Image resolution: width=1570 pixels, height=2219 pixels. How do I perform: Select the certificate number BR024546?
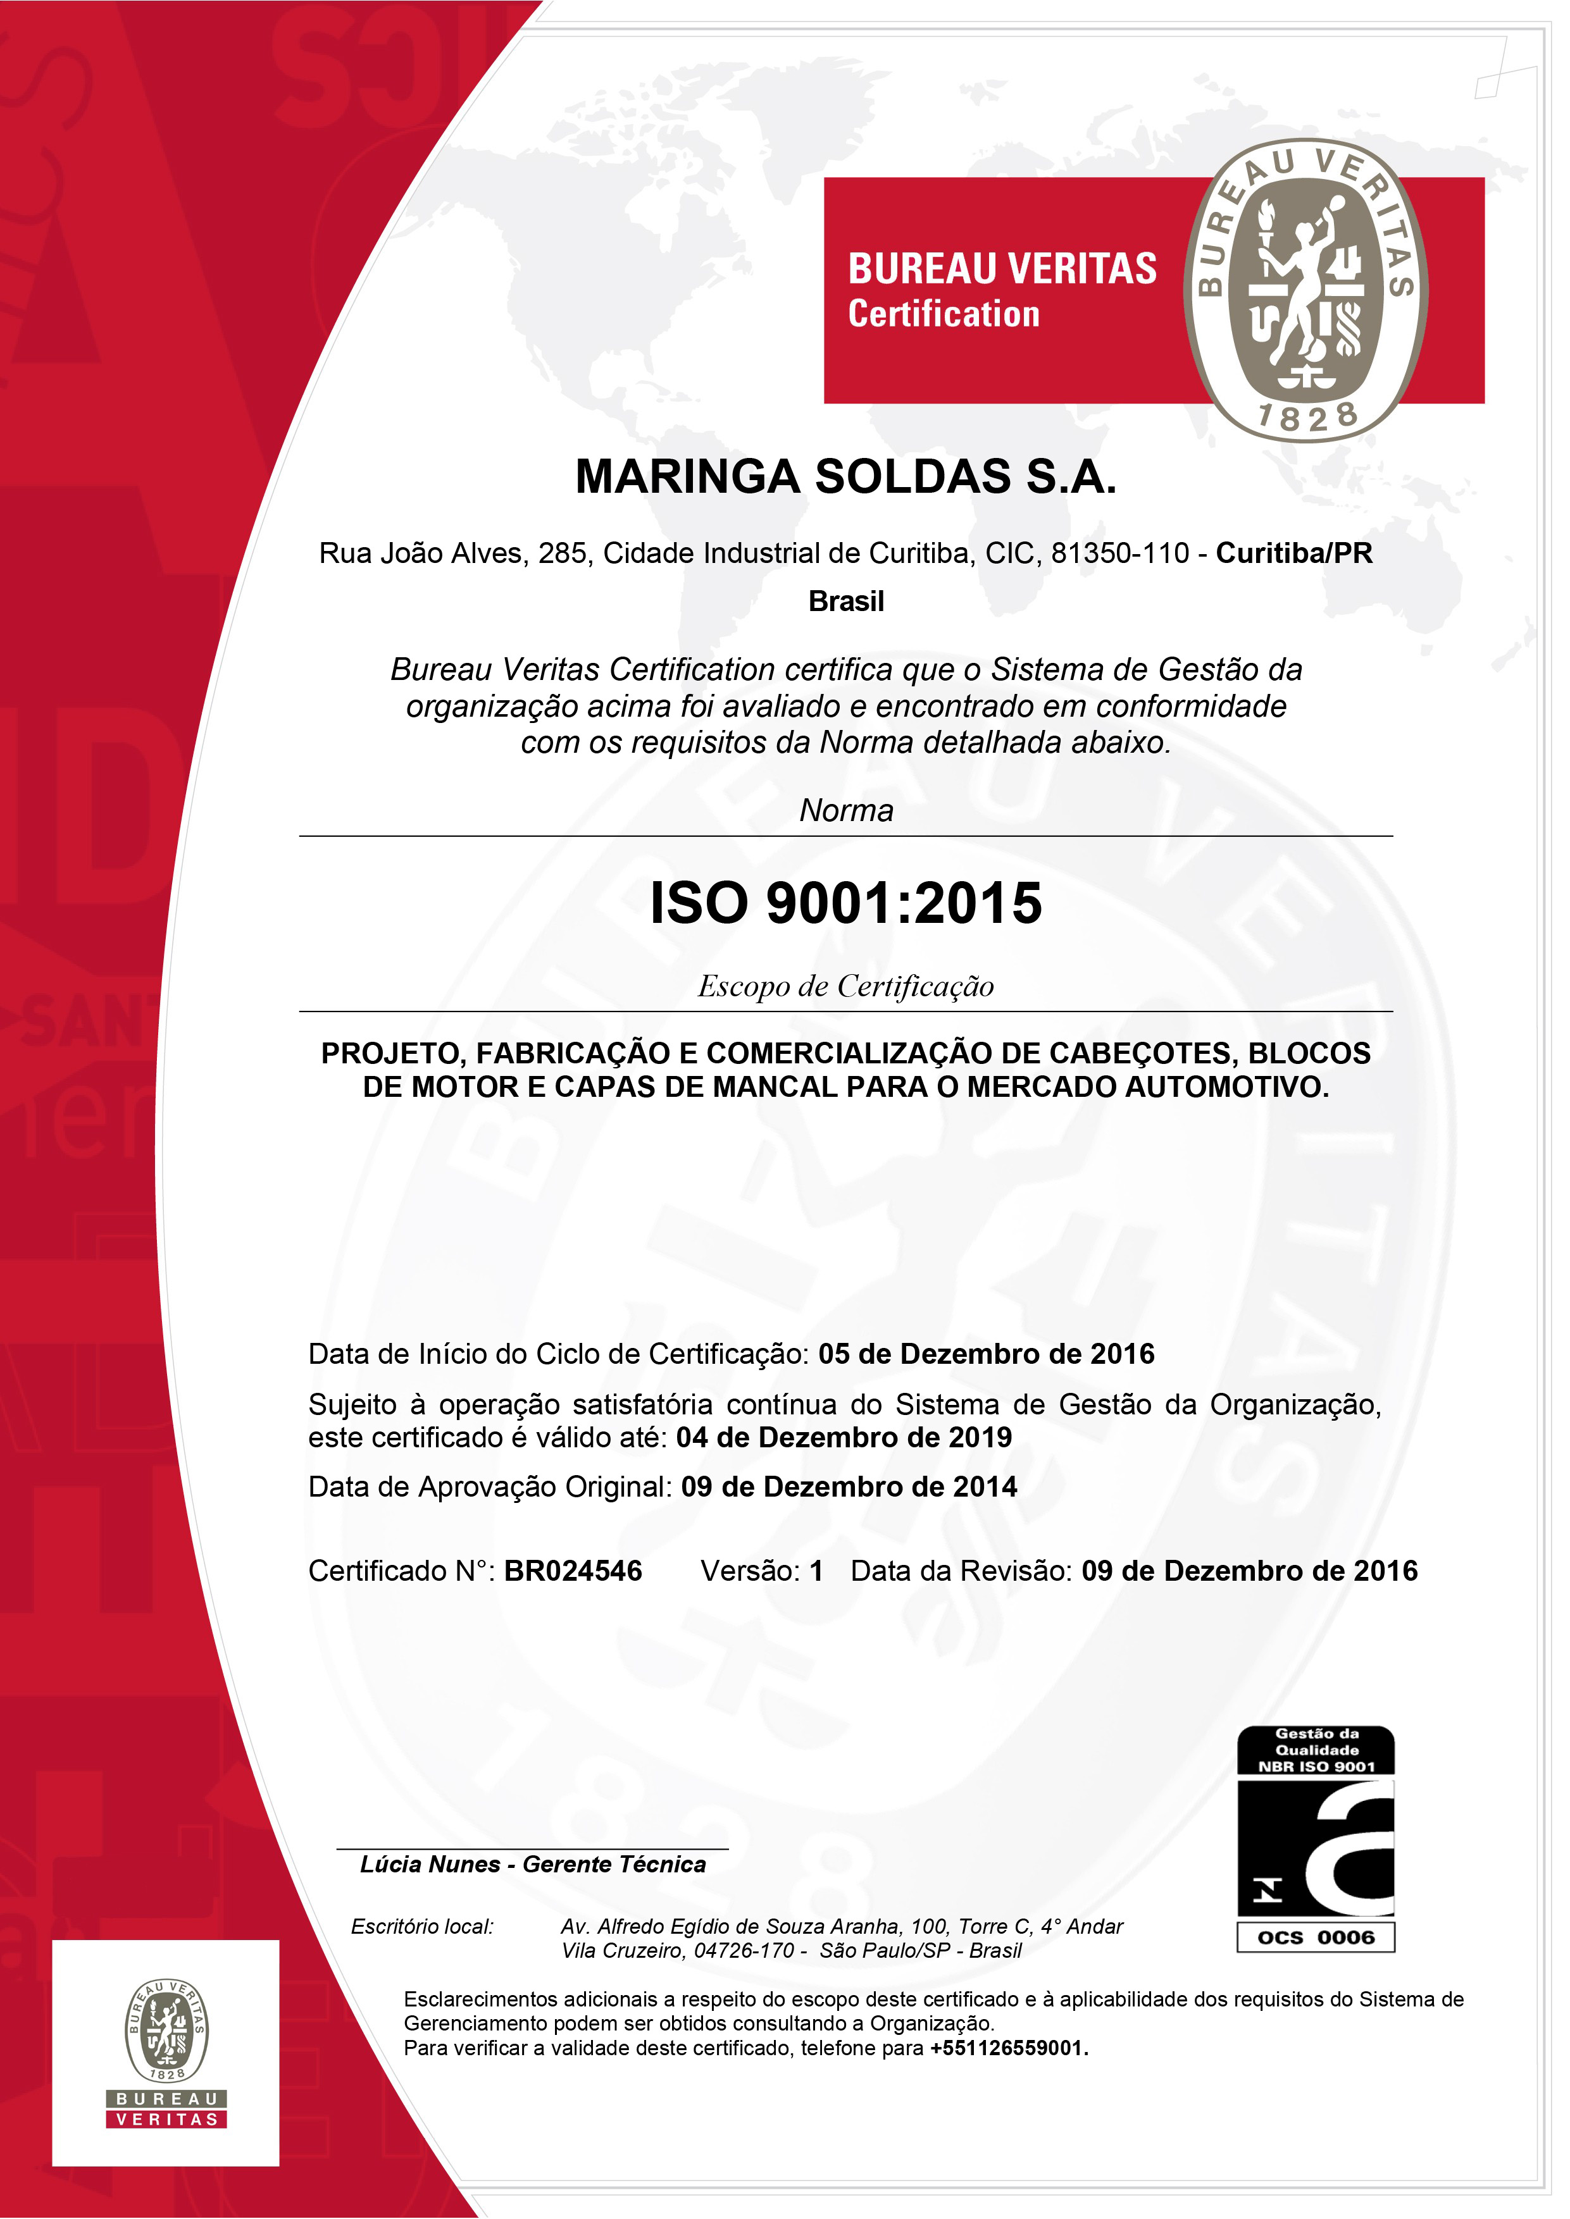[x=572, y=1571]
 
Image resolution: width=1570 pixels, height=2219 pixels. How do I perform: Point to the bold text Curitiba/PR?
[x=1293, y=553]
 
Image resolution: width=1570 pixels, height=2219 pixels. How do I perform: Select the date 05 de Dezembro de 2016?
[x=986, y=1354]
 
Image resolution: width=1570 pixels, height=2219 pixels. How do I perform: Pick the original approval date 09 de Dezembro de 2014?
[x=849, y=1487]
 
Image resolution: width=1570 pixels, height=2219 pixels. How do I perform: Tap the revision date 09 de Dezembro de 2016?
[x=1249, y=1571]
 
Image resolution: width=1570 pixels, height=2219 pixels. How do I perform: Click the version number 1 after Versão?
[x=816, y=1571]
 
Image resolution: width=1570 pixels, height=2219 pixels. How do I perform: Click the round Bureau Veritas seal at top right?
[x=1305, y=290]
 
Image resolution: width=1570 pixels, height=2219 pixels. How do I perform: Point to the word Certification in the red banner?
[x=944, y=315]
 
